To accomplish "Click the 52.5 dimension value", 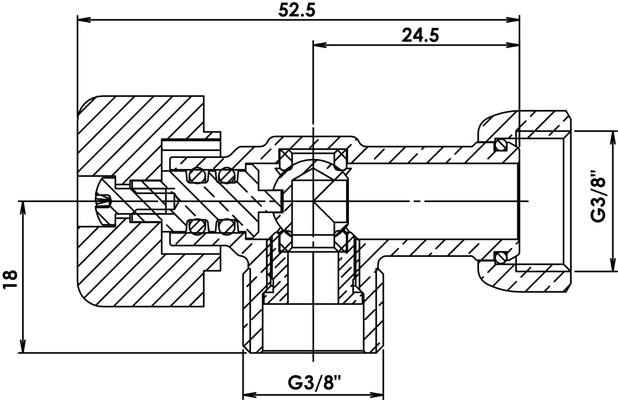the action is pyautogui.click(x=297, y=10).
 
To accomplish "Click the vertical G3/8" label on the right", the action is pyautogui.click(x=598, y=200).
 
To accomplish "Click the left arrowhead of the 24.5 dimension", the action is pyautogui.click(x=320, y=45).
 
